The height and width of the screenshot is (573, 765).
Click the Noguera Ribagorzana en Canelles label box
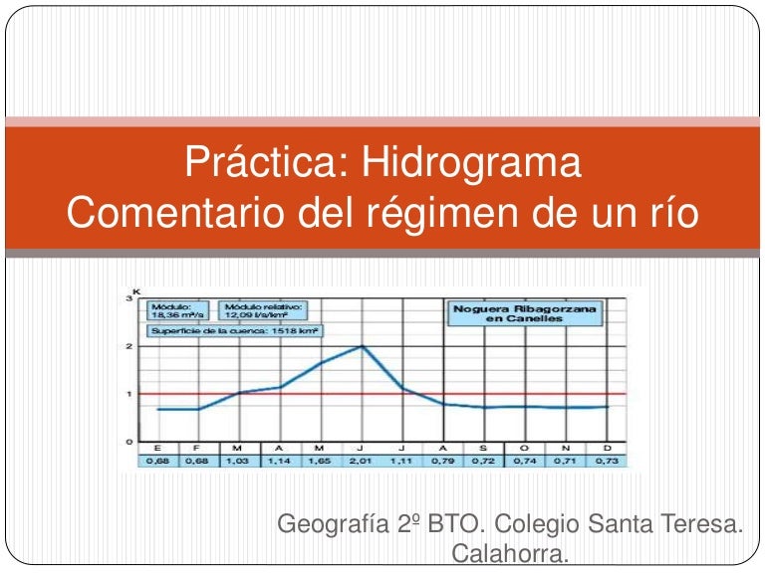(x=525, y=314)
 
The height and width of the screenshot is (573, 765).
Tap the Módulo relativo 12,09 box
(x=264, y=310)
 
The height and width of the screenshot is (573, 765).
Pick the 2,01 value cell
(x=361, y=462)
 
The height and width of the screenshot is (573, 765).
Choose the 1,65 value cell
(x=320, y=462)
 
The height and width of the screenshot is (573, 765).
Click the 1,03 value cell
(x=237, y=462)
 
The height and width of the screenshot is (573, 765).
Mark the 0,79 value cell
(x=442, y=462)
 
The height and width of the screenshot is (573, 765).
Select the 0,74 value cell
(x=525, y=462)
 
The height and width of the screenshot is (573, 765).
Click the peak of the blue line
(x=362, y=346)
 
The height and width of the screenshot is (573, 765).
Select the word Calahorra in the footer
(x=510, y=553)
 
